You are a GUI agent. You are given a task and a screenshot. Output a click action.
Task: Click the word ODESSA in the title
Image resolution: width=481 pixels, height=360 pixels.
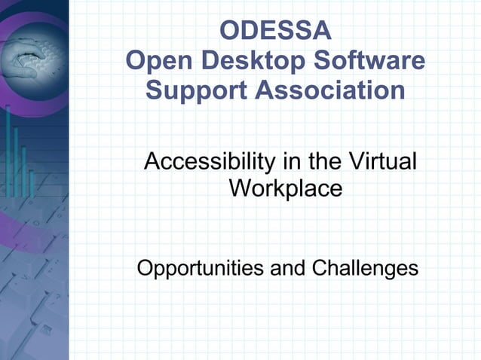(275, 32)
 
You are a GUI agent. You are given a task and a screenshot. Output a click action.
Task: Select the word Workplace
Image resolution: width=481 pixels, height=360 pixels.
(286, 188)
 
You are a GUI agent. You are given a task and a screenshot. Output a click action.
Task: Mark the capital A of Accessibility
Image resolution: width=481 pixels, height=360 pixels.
(151, 162)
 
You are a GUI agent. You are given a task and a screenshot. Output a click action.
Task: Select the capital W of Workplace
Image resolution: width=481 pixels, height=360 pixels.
(240, 188)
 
